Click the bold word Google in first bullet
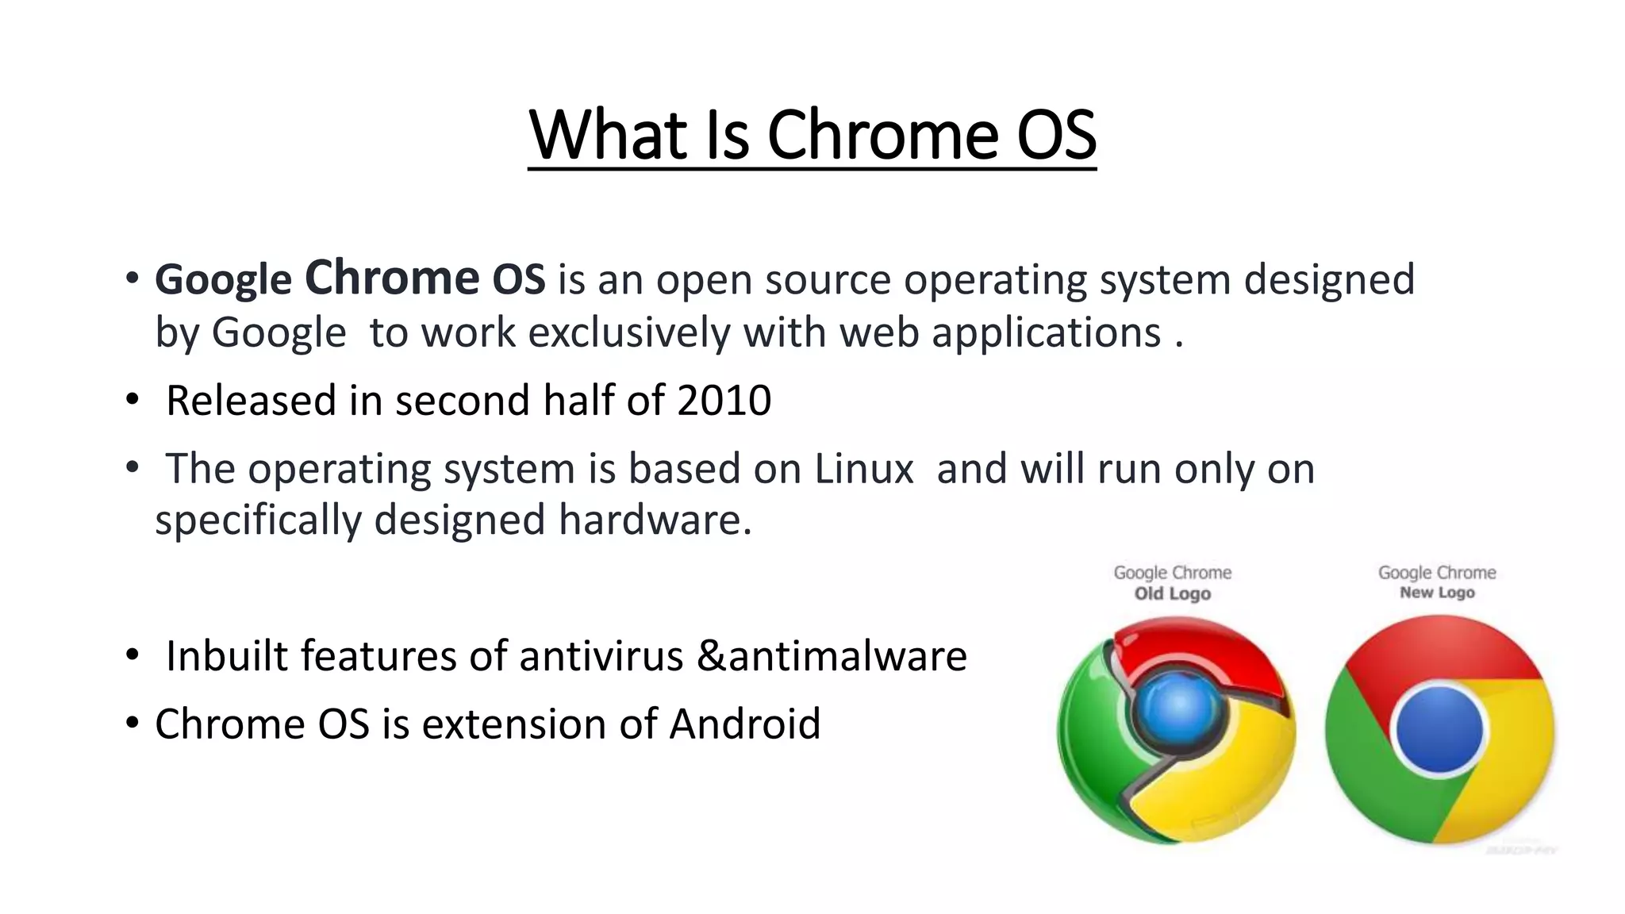(223, 280)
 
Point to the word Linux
(864, 468)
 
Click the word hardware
(655, 520)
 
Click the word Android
(745, 724)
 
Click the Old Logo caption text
(1172, 593)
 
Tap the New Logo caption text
(1437, 593)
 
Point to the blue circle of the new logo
(1439, 729)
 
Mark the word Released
(251, 400)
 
